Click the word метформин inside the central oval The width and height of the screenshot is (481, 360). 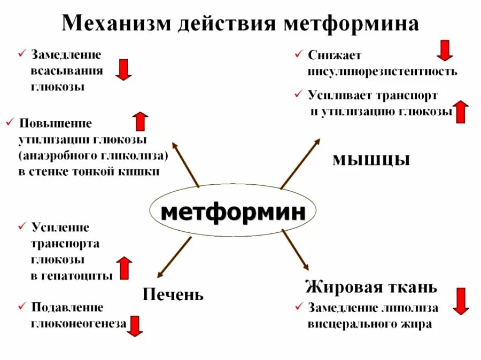click(234, 212)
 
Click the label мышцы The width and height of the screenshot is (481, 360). click(371, 159)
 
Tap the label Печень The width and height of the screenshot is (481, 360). click(173, 294)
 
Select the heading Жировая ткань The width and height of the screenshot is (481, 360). click(371, 287)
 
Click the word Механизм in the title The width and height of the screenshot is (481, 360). click(117, 23)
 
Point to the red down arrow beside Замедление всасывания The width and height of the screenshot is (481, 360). click(123, 69)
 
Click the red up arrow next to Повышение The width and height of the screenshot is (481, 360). click(141, 122)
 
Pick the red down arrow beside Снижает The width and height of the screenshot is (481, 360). click(445, 51)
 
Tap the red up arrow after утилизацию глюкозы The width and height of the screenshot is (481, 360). click(461, 112)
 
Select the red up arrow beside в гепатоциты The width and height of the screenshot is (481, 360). click(124, 268)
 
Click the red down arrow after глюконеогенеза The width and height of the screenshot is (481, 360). click(135, 326)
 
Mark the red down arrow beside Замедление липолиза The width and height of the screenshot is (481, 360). click(461, 301)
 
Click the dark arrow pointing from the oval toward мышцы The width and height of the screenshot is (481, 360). click(300, 163)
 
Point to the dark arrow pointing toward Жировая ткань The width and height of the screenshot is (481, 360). click(295, 251)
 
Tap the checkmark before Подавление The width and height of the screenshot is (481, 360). click(22, 307)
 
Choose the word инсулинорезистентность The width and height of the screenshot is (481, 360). click(382, 71)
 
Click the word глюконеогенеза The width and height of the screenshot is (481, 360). click(78, 323)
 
